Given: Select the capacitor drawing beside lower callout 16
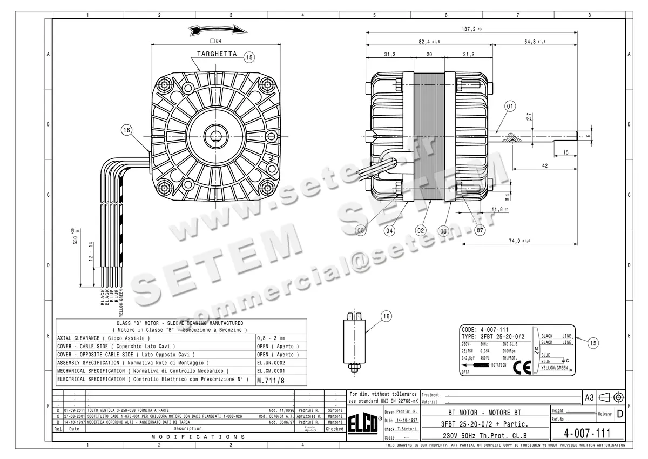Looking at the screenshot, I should tap(354, 341).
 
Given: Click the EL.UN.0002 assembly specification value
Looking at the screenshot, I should tap(271, 363).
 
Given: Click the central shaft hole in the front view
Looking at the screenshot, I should tap(215, 134).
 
